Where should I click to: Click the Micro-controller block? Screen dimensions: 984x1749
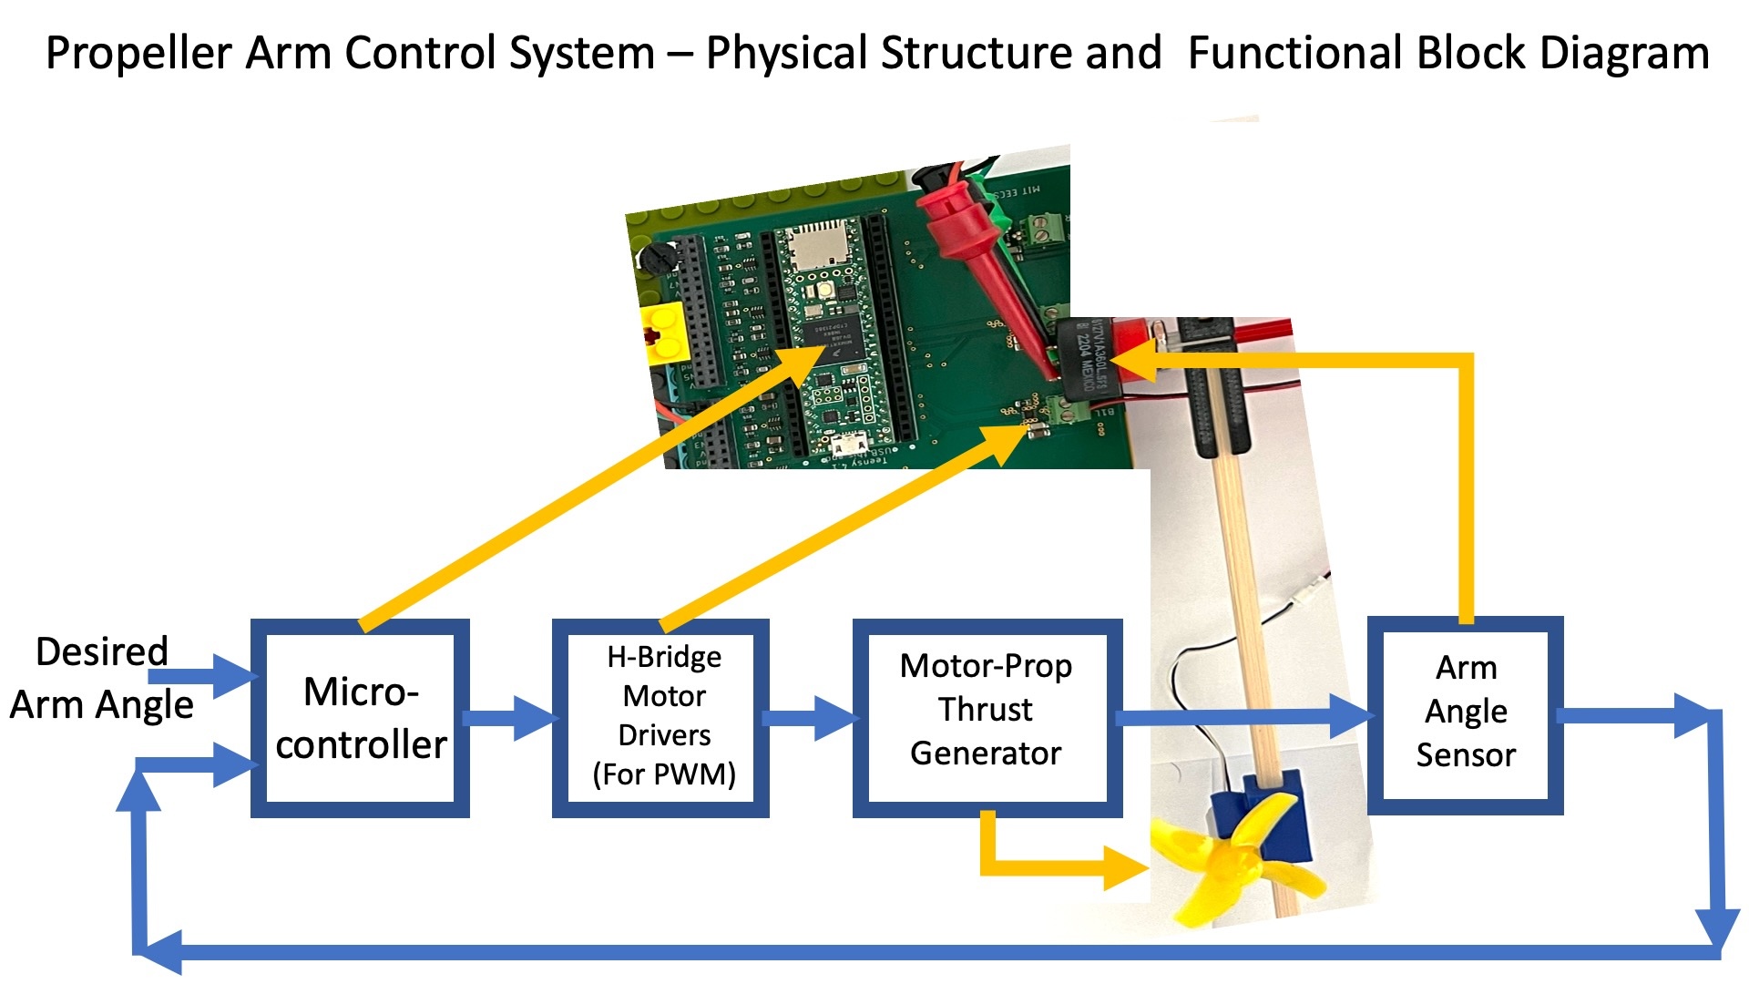click(360, 718)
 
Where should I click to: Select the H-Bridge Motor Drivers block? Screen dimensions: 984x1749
click(661, 718)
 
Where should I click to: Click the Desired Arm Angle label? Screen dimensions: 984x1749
click(101, 679)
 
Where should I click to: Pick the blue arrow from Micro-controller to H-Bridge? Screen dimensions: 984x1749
click(510, 718)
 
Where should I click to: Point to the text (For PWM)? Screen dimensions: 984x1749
click(664, 774)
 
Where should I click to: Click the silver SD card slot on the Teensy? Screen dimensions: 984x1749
click(813, 241)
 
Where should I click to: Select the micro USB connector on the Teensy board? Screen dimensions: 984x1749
click(849, 446)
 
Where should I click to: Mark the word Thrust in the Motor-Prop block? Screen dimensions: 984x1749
click(986, 709)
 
